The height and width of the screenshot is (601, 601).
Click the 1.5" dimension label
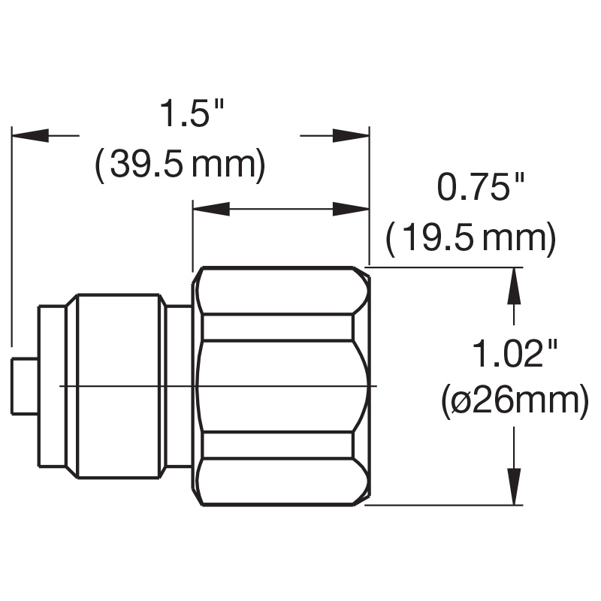click(x=192, y=113)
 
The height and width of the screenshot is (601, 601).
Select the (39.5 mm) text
click(x=180, y=165)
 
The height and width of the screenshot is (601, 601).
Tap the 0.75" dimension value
click(x=481, y=187)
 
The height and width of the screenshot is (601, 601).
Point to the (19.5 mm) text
click(x=471, y=240)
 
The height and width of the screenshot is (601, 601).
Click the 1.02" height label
click(x=514, y=352)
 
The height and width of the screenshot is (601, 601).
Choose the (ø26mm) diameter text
click(x=514, y=403)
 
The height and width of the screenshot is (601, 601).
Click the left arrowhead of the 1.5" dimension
click(x=30, y=135)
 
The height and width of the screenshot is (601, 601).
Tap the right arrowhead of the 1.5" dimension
click(x=350, y=135)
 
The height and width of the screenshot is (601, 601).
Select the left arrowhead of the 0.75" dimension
click(x=211, y=210)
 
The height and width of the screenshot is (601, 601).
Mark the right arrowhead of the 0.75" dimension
click(x=350, y=210)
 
